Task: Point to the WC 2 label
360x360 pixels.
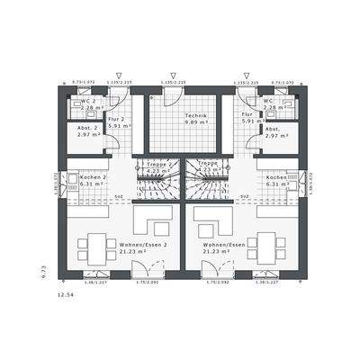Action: click(88, 101)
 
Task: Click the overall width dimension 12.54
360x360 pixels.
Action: click(66, 294)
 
